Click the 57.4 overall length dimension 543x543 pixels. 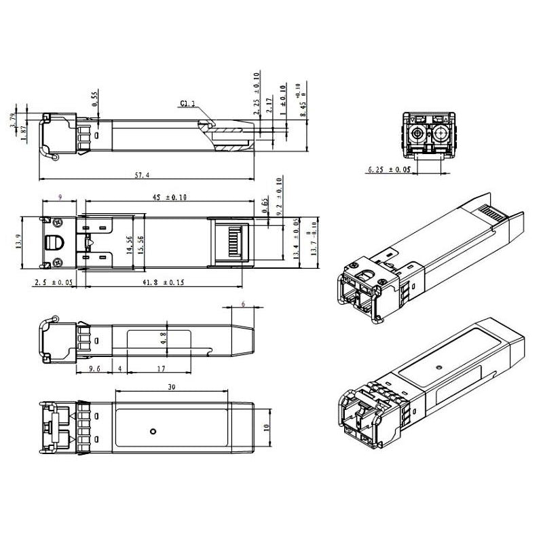(x=142, y=175)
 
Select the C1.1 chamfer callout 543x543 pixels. (x=187, y=104)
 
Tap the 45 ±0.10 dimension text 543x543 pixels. (x=168, y=197)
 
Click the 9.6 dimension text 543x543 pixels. (x=94, y=369)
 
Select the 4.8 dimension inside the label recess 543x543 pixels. (x=164, y=338)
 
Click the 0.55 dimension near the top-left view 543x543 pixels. (x=95, y=98)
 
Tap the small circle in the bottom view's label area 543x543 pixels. (x=153, y=430)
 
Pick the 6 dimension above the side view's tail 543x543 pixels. (x=242, y=305)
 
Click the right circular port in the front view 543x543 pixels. (x=441, y=132)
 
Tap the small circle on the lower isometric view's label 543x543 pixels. (x=441, y=367)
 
